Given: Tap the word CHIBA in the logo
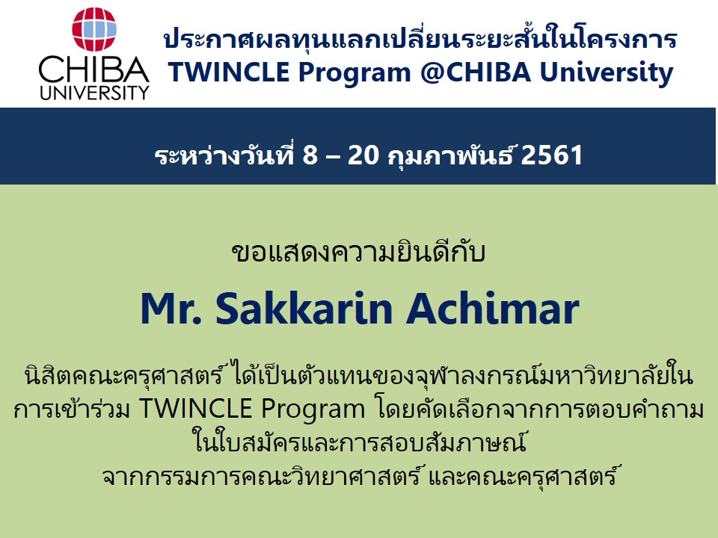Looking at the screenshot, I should [x=94, y=70].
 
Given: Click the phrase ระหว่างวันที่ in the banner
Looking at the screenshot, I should [x=224, y=155].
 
